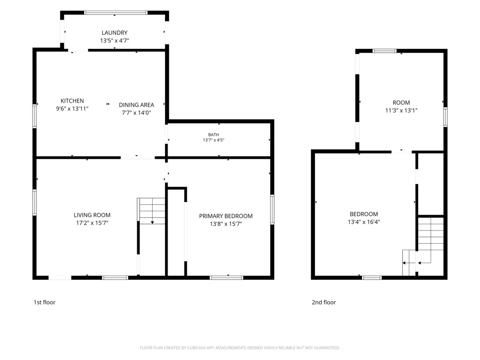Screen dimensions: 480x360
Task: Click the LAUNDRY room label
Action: [115, 33]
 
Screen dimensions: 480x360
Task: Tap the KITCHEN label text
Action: [72, 101]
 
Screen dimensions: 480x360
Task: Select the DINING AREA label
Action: [136, 105]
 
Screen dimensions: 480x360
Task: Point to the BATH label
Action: [214, 135]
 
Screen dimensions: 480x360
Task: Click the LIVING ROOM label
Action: [92, 215]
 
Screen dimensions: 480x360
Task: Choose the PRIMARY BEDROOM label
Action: [226, 216]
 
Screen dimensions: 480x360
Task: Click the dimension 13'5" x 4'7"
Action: [115, 41]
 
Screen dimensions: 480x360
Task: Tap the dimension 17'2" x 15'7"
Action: [92, 223]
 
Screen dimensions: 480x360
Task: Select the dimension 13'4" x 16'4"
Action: [364, 222]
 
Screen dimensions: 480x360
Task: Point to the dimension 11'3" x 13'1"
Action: [401, 110]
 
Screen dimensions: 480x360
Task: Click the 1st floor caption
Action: [44, 302]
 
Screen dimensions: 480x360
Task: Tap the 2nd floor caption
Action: [324, 302]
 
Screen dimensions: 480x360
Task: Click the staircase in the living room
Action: [151, 211]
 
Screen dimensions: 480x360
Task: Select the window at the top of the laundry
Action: [116, 13]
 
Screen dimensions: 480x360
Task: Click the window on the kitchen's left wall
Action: [35, 116]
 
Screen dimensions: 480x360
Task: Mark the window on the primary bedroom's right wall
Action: [272, 210]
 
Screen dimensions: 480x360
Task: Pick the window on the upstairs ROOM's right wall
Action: [445, 117]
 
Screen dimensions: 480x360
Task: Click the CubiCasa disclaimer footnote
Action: [240, 348]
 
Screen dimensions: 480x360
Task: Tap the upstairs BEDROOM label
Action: [364, 214]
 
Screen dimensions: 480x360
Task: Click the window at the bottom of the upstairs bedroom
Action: [372, 277]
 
